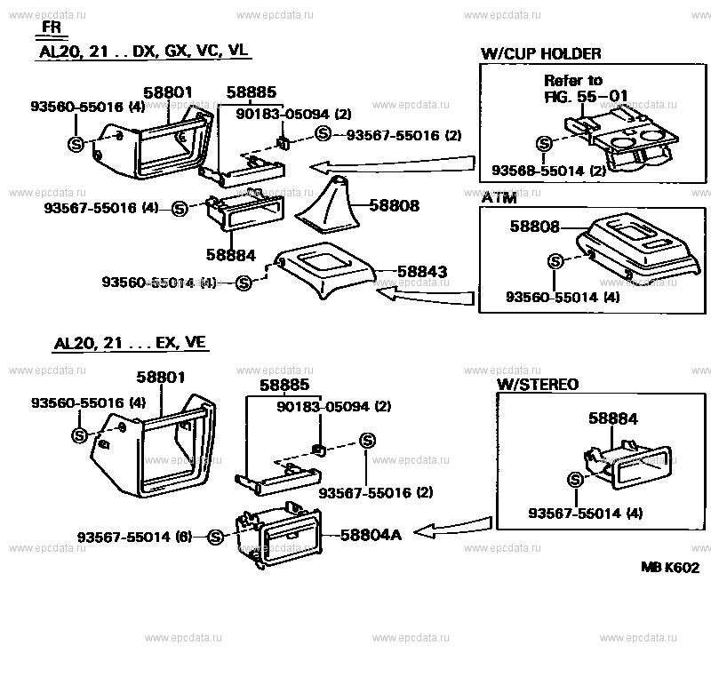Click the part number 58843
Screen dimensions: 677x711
[421, 271]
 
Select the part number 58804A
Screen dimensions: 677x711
[371, 534]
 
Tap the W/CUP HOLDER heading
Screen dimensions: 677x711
[540, 54]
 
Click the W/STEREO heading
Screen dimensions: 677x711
[537, 385]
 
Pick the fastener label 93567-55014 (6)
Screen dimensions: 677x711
[134, 537]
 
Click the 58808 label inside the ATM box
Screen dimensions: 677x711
[534, 227]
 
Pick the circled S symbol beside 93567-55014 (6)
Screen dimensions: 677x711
[214, 537]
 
